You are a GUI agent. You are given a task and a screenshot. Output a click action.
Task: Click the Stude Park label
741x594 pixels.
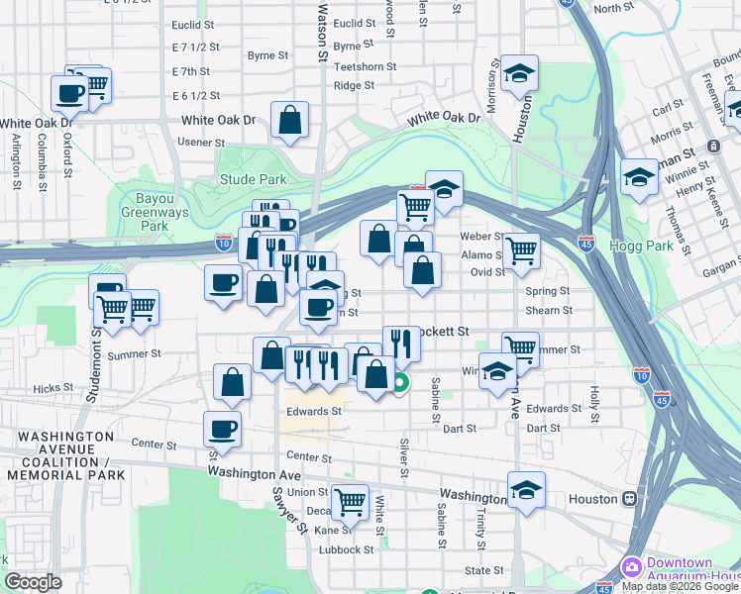point(253,179)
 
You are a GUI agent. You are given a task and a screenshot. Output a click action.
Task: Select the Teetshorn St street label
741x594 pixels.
point(366,67)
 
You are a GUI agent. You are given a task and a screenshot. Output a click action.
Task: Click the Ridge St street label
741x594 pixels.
point(354,86)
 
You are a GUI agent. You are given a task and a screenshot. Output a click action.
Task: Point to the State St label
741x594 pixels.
point(484,570)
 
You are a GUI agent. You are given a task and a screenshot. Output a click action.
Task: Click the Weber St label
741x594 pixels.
point(482,237)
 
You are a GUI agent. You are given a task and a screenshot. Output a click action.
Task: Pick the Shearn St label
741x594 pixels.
point(547,310)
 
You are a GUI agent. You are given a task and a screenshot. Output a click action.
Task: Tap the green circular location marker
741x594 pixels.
point(400,384)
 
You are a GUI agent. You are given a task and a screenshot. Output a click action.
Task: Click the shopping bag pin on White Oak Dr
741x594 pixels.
point(289,121)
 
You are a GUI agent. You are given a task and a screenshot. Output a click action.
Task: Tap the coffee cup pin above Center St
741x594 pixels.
point(222,429)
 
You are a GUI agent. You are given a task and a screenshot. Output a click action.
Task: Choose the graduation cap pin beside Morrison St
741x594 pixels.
point(518,73)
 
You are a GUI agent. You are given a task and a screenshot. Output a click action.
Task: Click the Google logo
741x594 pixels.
point(33,582)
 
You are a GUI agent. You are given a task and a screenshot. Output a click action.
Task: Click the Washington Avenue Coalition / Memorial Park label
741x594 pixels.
point(65,455)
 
